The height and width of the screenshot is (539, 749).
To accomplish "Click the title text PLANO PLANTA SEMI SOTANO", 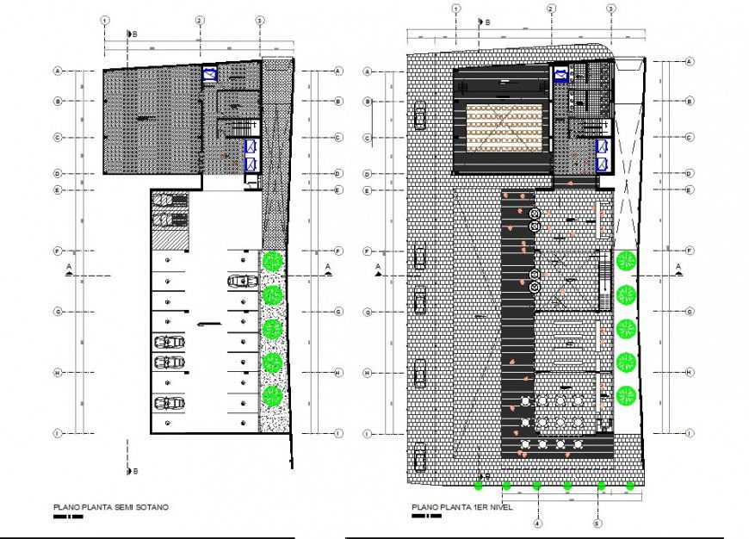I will pyautogui.click(x=111, y=508).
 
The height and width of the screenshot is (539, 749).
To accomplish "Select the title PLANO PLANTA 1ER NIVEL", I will pyautogui.click(x=461, y=507).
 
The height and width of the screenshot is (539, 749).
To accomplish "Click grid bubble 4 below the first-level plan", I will pyautogui.click(x=536, y=523).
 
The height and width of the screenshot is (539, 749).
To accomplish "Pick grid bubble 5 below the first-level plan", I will pyautogui.click(x=597, y=523).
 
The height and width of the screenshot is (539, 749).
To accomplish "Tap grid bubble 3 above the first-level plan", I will pyautogui.click(x=610, y=9).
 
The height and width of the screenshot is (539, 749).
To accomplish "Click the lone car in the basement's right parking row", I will pyautogui.click(x=239, y=281).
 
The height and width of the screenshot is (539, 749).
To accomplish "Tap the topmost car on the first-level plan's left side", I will pyautogui.click(x=420, y=116).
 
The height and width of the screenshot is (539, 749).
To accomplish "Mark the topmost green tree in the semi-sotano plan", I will pyautogui.click(x=273, y=260).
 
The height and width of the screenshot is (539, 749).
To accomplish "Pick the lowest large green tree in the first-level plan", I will pyautogui.click(x=626, y=395).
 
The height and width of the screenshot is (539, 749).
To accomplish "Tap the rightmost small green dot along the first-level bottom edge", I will pyautogui.click(x=630, y=486).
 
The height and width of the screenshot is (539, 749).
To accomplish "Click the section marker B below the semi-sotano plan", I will pyautogui.click(x=130, y=470).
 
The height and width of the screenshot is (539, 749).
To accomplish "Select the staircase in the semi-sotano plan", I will pyautogui.click(x=235, y=128).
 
